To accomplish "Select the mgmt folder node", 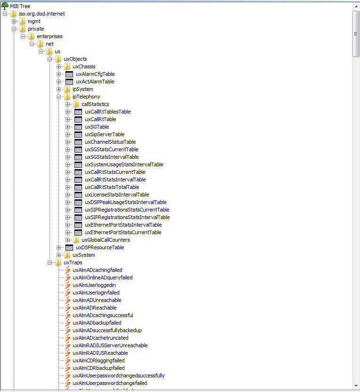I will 34,21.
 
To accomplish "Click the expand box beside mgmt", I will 14,21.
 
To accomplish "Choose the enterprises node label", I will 49,36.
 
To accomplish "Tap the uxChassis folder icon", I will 67,66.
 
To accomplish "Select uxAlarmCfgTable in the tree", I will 95,74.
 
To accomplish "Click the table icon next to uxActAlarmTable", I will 69,82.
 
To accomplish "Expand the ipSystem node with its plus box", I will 59,89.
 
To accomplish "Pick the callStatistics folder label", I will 95,104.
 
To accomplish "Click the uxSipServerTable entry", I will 105,134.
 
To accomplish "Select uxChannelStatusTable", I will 110,142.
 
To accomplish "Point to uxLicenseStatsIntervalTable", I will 117,195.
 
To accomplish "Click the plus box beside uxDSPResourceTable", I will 59,247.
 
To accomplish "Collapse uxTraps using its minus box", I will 50,262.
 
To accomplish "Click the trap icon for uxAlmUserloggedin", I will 67,285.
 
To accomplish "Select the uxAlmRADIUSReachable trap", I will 100,353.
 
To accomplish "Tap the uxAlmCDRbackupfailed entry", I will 98,368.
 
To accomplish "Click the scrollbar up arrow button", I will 356,6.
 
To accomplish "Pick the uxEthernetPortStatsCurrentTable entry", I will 123,232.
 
